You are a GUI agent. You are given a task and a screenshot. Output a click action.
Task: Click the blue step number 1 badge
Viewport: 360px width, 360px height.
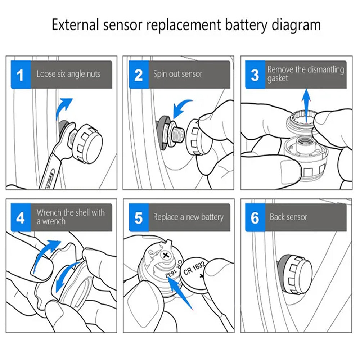pyautogui.click(x=21, y=75)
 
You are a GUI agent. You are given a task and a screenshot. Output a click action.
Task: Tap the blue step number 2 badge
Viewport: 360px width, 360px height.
pyautogui.click(x=139, y=75)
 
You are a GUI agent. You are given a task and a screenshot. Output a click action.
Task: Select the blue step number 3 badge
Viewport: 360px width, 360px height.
pyautogui.click(x=255, y=75)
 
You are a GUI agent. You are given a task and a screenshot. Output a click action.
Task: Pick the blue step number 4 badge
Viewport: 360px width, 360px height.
pyautogui.click(x=21, y=218)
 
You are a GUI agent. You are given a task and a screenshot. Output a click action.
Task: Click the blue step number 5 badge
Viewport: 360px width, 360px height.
pyautogui.click(x=139, y=218)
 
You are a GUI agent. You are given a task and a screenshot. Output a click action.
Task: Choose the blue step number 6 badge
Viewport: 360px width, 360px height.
pyautogui.click(x=255, y=218)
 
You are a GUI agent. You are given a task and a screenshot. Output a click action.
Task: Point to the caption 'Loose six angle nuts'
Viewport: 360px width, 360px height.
pyautogui.click(x=68, y=75)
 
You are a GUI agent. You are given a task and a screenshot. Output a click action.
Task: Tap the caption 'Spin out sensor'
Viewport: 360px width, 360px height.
pyautogui.click(x=178, y=75)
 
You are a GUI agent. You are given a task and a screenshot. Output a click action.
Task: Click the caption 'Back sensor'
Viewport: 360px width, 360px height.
pyautogui.click(x=288, y=217)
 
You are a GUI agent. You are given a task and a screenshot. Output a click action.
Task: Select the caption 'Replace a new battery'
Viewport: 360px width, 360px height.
pyautogui.click(x=188, y=217)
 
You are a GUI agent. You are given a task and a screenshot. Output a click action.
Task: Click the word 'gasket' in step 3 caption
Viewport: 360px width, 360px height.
pyautogui.click(x=278, y=78)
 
